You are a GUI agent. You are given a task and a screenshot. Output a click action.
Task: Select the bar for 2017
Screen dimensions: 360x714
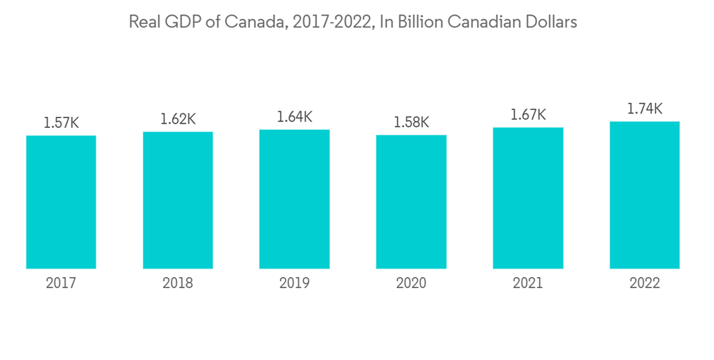click(61, 202)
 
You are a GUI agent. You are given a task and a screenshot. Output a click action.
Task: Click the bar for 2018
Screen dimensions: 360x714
click(178, 200)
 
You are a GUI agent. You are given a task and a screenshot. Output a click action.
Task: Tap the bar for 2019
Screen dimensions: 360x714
click(294, 199)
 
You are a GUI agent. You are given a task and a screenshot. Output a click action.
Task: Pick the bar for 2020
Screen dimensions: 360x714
click(411, 202)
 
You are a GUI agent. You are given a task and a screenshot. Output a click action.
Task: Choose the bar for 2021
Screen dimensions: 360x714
click(528, 198)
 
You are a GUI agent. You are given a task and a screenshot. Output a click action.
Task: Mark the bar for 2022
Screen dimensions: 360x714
click(645, 195)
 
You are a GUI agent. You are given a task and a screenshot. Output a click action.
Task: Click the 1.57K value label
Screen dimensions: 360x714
click(61, 123)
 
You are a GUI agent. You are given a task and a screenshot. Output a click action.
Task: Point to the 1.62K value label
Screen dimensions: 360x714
click(178, 119)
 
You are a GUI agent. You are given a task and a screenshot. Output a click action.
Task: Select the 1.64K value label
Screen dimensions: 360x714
click(294, 117)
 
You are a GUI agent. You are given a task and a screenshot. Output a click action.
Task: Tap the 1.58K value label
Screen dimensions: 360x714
click(411, 123)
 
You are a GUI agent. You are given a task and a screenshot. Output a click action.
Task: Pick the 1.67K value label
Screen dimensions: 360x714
click(528, 114)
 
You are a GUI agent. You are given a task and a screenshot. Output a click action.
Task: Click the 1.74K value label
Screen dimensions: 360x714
click(645, 109)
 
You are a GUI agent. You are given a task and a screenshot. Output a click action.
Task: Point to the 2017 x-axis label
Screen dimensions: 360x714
click(61, 284)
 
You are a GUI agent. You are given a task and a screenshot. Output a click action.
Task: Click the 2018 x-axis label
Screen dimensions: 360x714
click(178, 284)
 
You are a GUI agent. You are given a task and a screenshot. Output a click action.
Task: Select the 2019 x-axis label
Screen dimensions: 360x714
click(294, 284)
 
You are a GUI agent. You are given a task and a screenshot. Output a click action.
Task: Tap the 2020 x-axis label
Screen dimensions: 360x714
click(411, 284)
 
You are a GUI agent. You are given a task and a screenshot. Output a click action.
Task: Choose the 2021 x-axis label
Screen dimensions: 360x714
click(528, 284)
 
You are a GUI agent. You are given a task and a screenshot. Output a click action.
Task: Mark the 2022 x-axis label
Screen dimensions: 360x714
click(645, 284)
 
